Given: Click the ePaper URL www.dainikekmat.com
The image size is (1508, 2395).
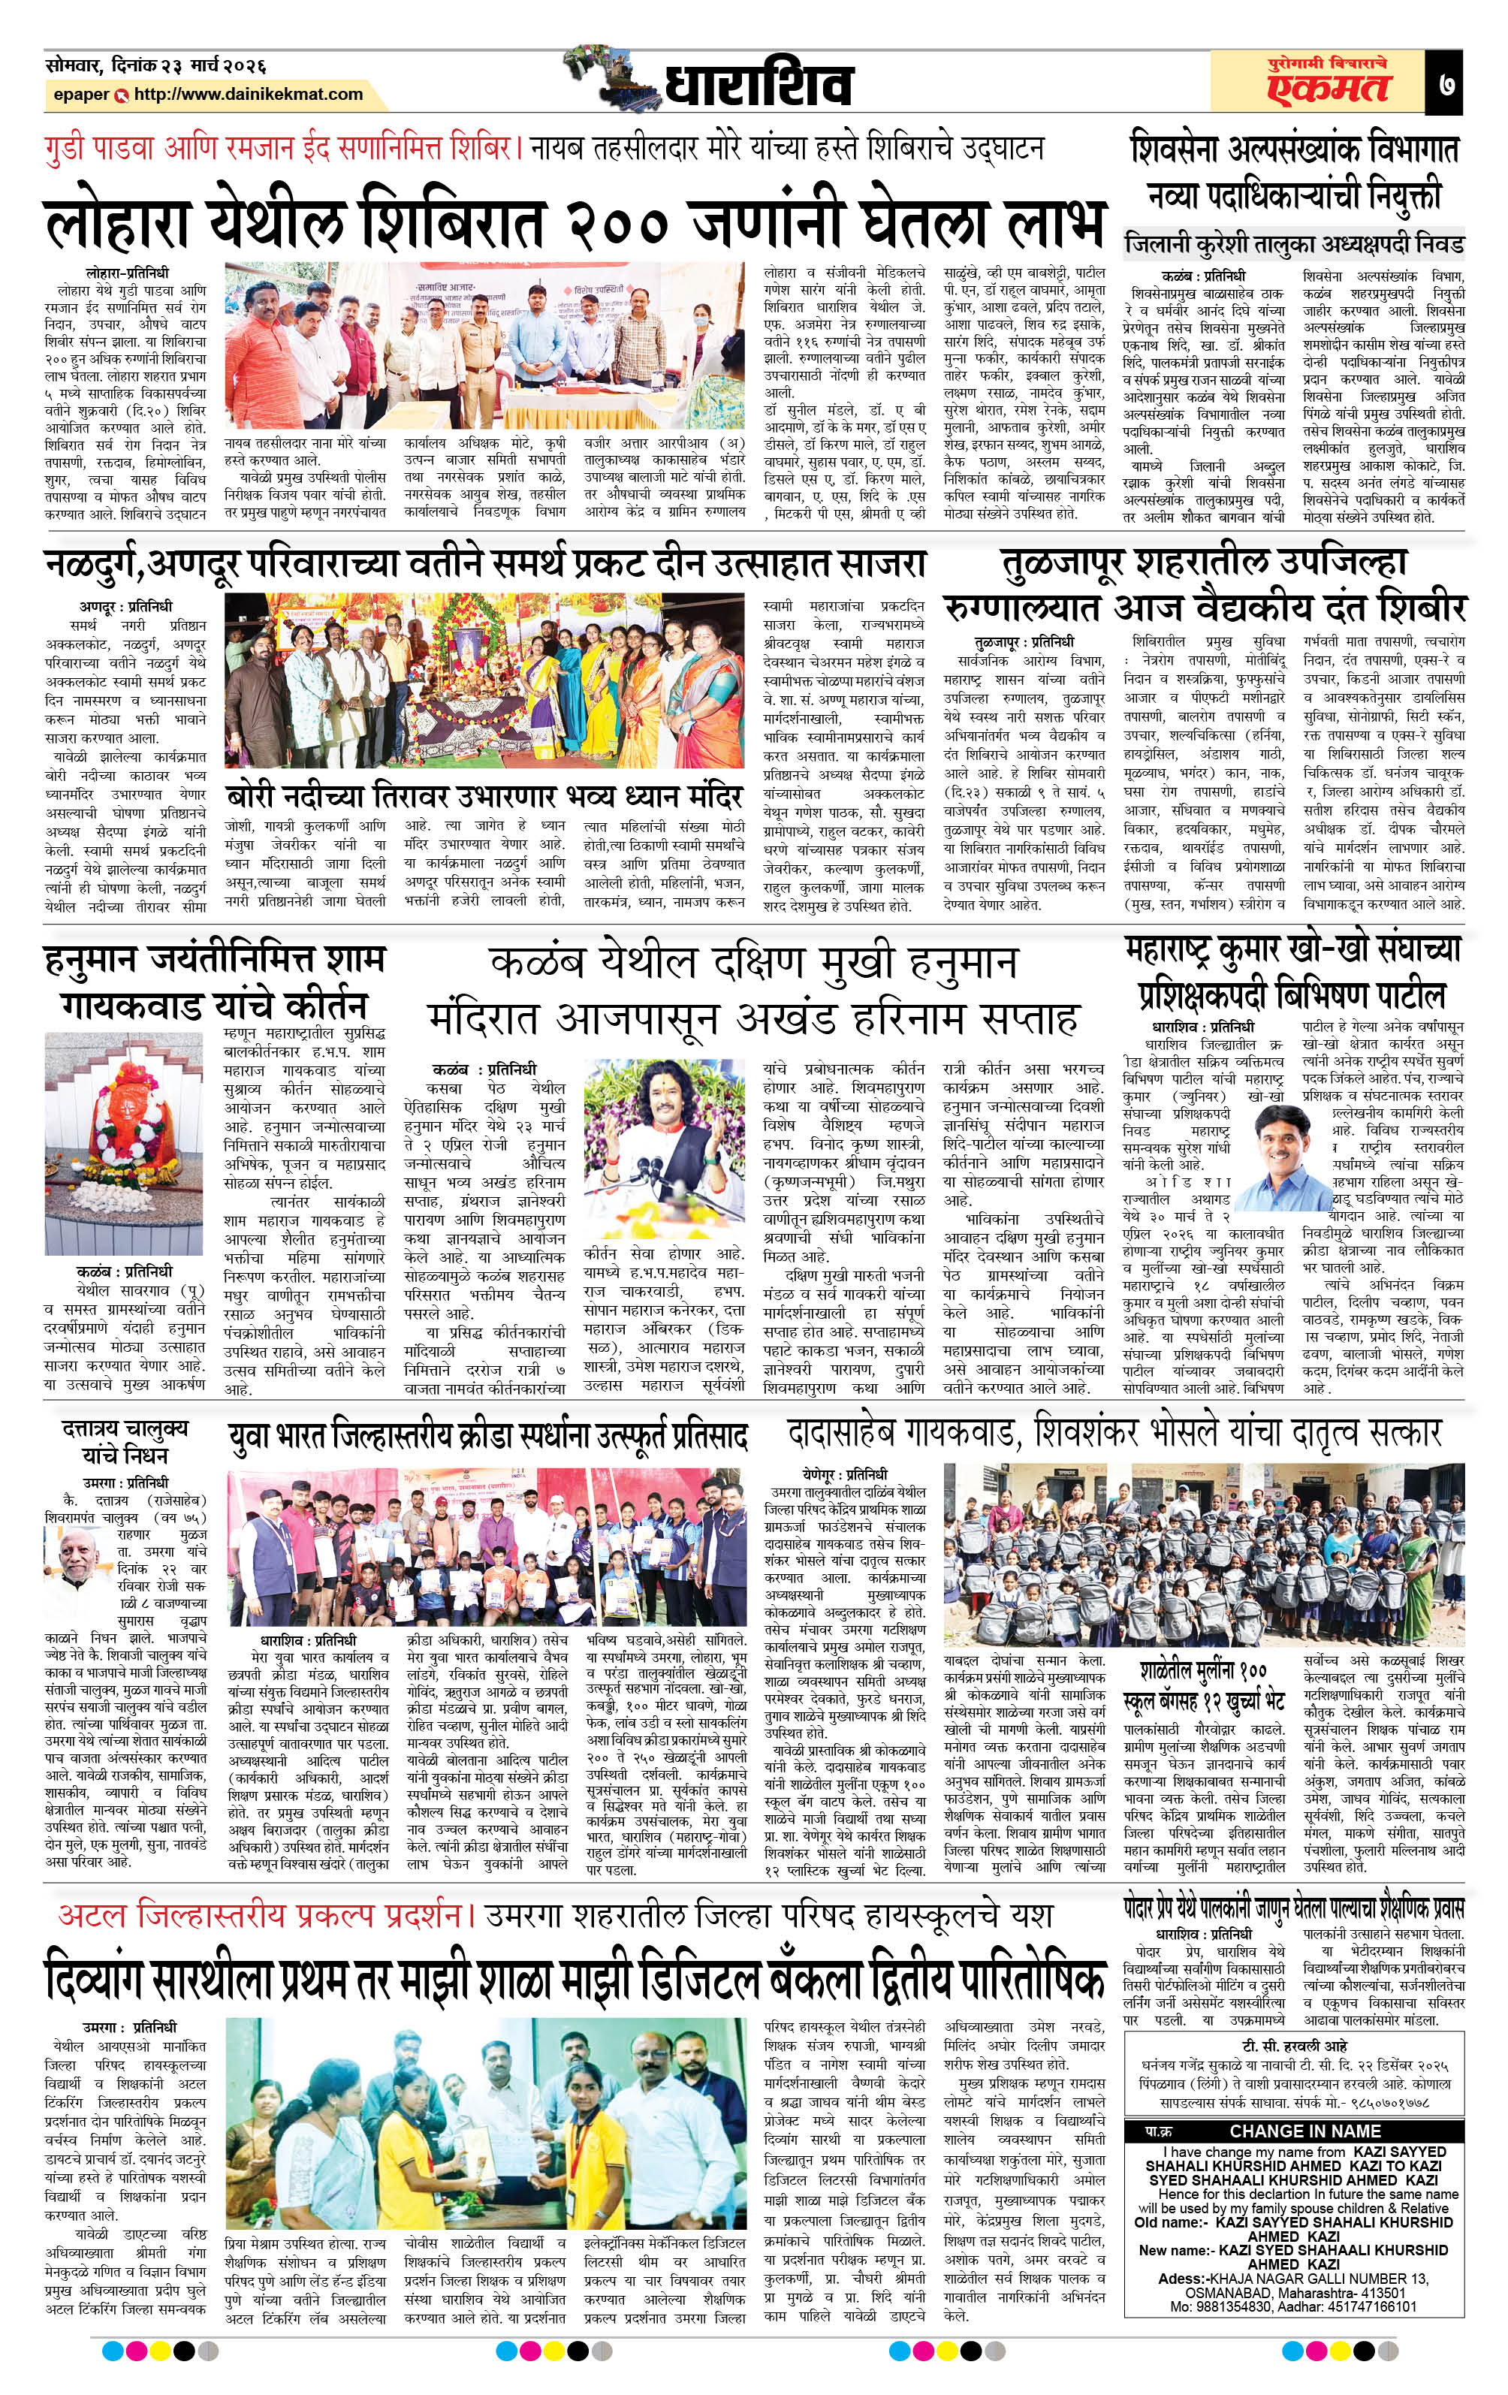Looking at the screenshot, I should click(248, 95).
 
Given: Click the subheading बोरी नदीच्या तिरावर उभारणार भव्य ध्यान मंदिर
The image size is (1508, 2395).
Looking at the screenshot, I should click(484, 798).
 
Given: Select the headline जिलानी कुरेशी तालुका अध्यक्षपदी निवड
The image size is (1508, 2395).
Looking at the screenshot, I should click(1293, 243).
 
